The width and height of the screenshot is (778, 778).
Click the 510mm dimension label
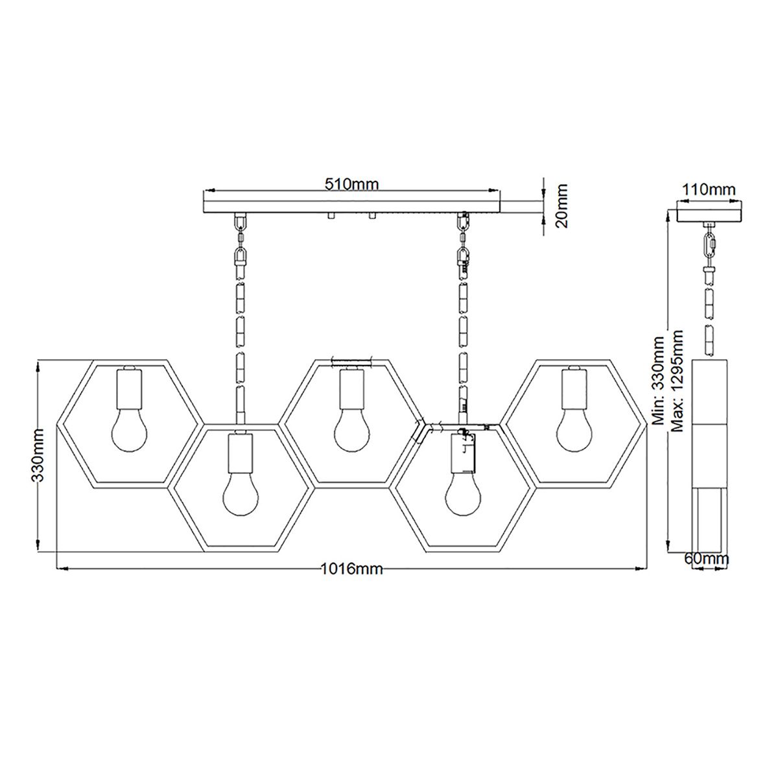point(351,183)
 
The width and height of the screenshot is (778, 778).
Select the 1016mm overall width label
point(352,569)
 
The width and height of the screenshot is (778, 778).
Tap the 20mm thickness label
point(561,206)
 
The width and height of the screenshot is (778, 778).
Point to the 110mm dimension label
point(710,190)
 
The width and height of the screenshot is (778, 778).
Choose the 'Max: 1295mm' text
point(678,381)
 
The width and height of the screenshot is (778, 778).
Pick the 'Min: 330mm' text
point(659,381)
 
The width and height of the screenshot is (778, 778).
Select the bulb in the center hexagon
point(352,430)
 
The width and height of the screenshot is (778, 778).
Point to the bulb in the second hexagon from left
point(241,496)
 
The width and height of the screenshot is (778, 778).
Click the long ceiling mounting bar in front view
point(352,206)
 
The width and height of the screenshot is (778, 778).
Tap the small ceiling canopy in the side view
point(710,213)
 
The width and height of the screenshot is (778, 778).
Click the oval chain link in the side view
point(710,247)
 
